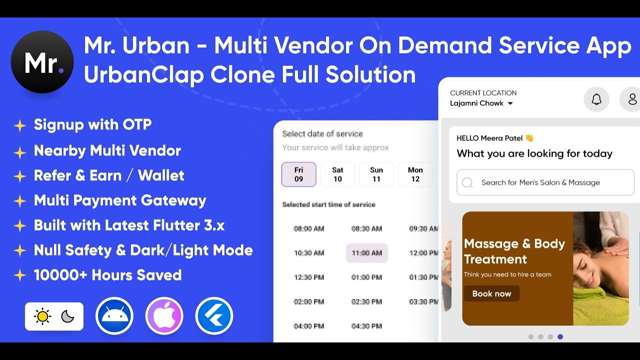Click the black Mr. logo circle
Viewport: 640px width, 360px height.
click(x=42, y=62)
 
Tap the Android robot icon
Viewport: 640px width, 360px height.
click(x=114, y=316)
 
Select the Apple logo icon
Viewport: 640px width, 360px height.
click(x=164, y=316)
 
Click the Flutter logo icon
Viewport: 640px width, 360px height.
click(x=214, y=316)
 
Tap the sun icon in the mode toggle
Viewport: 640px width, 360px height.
click(x=42, y=316)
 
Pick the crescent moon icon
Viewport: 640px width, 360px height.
click(x=67, y=316)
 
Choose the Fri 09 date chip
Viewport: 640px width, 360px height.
click(x=298, y=174)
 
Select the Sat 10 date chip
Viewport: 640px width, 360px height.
click(x=337, y=174)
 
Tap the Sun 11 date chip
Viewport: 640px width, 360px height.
click(x=376, y=174)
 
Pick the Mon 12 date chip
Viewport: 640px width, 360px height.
click(x=415, y=174)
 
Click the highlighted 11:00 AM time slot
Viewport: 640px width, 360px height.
click(x=366, y=253)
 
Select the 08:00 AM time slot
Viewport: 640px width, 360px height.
click(x=309, y=228)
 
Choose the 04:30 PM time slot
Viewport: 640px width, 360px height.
click(x=366, y=326)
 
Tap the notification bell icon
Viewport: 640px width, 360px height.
click(x=596, y=99)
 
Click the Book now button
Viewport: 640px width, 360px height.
click(x=491, y=293)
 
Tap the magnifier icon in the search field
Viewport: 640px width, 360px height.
click(x=467, y=182)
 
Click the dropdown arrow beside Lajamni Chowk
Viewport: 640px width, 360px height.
click(x=510, y=103)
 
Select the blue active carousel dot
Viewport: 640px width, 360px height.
click(x=560, y=337)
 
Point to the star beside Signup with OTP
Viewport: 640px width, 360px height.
click(x=19, y=125)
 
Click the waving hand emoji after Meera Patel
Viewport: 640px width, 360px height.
click(x=529, y=138)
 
